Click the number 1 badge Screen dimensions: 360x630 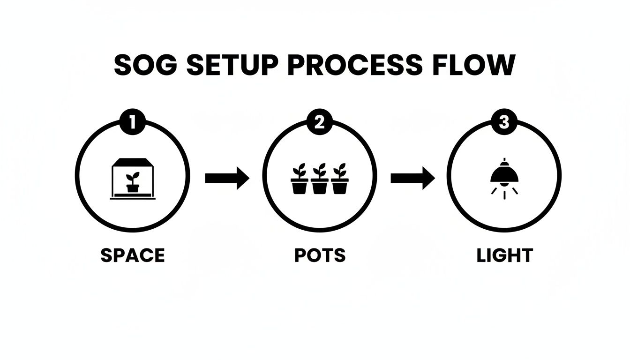tap(132, 123)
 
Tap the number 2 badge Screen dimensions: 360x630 tap(319, 123)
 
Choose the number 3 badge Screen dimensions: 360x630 tap(504, 123)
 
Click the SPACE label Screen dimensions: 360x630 tap(133, 255)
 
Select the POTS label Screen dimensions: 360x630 tap(320, 255)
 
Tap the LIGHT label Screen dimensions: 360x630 tap(505, 255)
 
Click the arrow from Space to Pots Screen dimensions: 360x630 tap(227, 178)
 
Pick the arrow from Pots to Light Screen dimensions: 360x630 tap(412, 178)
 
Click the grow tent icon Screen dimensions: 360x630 tap(133, 179)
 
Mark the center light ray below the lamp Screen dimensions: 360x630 tap(504, 195)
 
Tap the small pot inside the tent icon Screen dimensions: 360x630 tap(133, 187)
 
